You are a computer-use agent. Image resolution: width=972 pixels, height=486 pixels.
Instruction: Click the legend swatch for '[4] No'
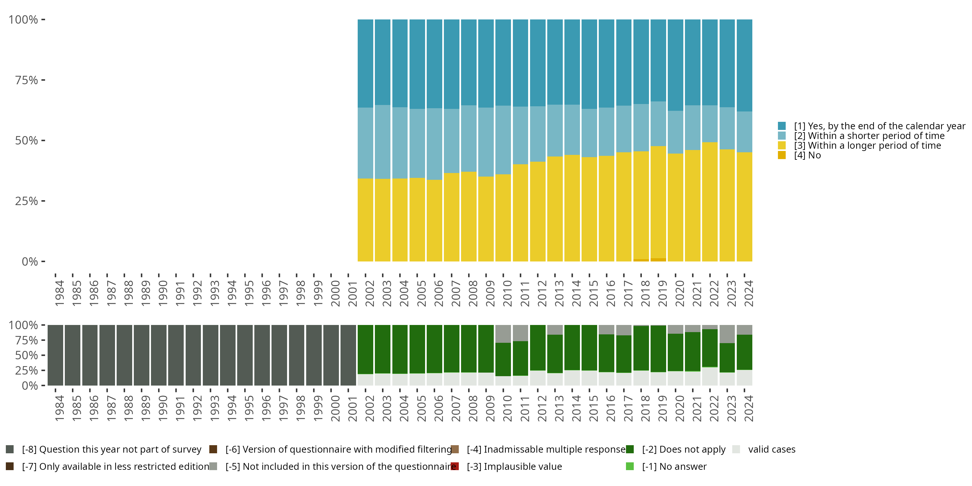(x=781, y=155)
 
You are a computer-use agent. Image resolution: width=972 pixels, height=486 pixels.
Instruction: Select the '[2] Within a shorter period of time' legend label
(x=869, y=136)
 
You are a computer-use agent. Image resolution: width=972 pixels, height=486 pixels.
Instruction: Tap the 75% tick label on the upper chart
(x=27, y=80)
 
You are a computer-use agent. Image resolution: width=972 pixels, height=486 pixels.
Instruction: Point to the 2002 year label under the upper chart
(x=369, y=293)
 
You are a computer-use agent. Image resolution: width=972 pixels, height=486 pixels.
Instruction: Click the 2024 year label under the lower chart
(x=748, y=408)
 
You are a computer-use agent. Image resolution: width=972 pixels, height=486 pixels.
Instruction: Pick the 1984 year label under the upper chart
(x=59, y=293)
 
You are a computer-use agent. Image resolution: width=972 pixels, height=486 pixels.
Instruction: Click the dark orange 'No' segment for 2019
(x=658, y=260)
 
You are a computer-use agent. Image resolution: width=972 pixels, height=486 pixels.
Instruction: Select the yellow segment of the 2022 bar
(x=710, y=202)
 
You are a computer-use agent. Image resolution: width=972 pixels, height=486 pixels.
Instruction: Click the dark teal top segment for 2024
(x=745, y=65)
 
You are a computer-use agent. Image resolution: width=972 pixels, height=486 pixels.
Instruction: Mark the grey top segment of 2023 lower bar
(x=727, y=334)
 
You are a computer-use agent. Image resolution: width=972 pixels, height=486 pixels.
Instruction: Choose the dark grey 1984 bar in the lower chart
(x=55, y=355)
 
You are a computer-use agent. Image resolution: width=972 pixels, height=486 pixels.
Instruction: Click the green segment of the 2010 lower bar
(x=503, y=359)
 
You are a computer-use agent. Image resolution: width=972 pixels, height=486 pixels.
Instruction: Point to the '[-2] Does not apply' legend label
(x=684, y=449)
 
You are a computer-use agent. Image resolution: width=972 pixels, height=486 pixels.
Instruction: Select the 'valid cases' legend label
(x=772, y=449)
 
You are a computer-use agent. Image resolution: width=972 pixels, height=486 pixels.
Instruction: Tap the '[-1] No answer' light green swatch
(x=630, y=466)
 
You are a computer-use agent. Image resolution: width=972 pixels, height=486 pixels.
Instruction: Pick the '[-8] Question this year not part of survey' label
(x=112, y=449)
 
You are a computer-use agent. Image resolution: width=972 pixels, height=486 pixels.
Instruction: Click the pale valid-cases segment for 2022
(x=710, y=376)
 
